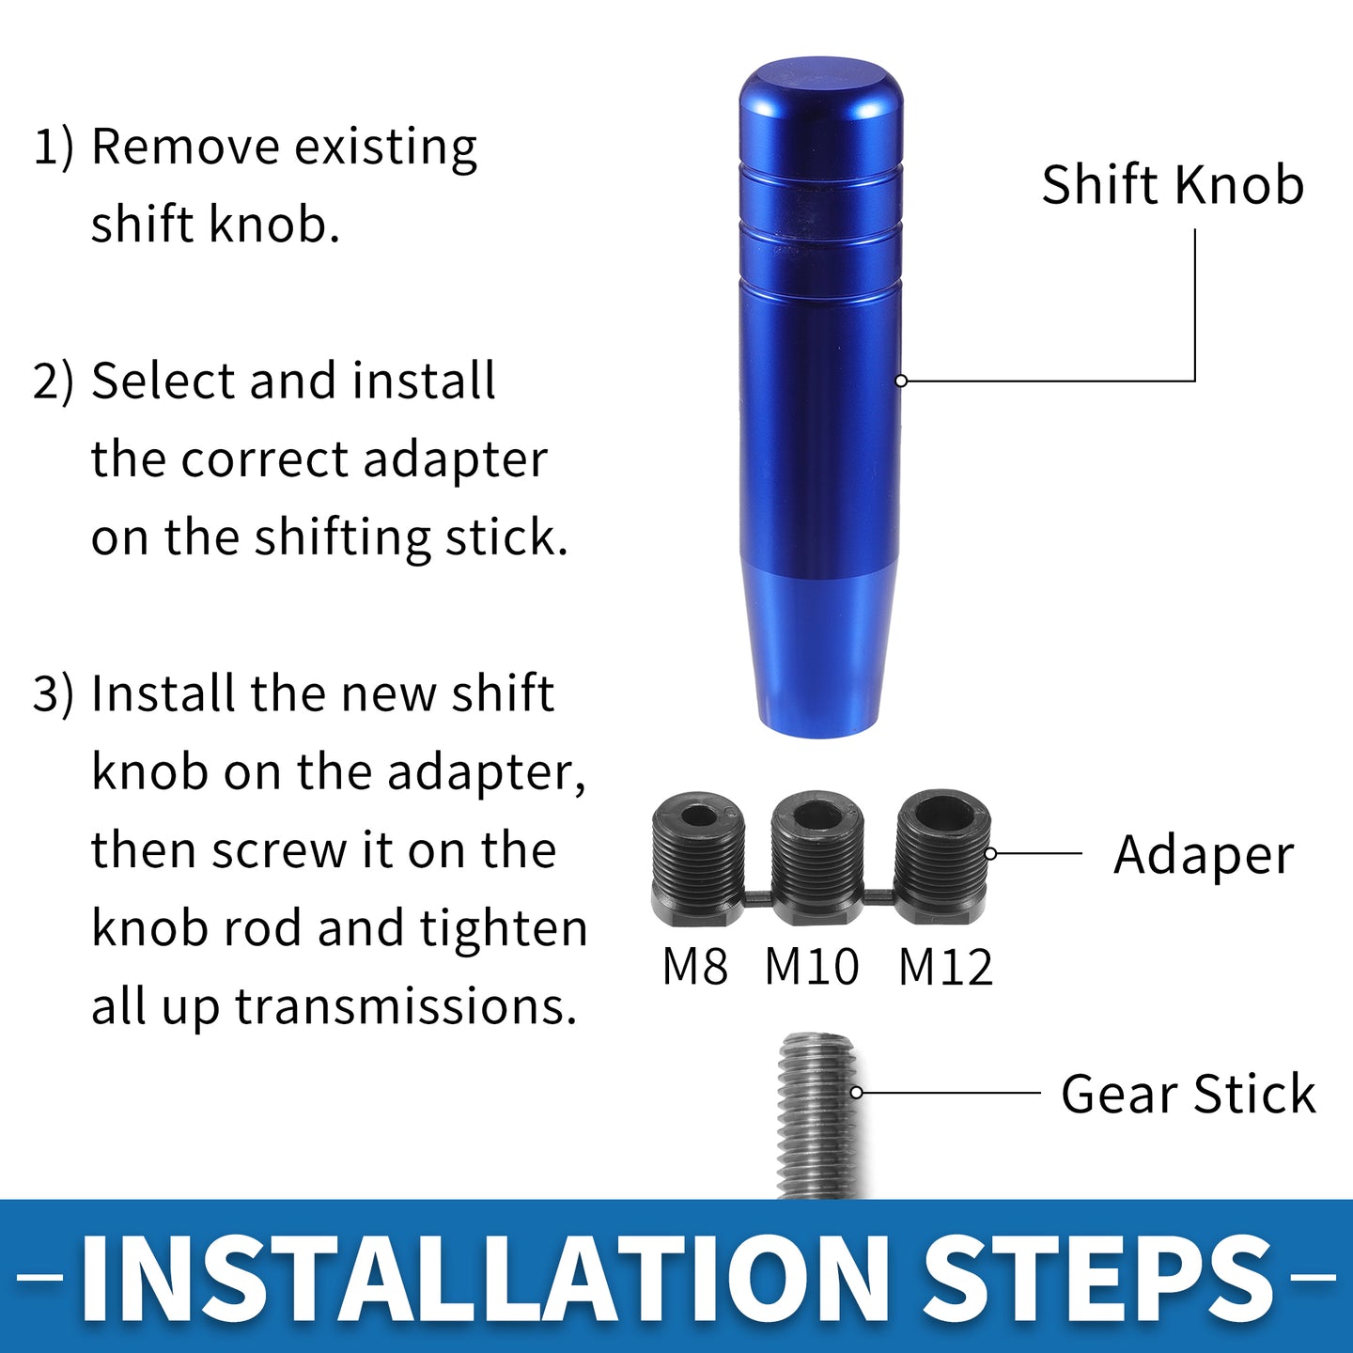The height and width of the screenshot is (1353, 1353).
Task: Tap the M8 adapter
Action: click(x=697, y=859)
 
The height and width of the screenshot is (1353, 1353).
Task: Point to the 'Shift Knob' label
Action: click(x=1173, y=185)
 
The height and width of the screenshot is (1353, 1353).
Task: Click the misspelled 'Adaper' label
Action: click(x=1204, y=856)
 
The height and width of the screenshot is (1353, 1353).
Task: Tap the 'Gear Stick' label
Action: click(x=1188, y=1094)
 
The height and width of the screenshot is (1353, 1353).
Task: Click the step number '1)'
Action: click(x=54, y=147)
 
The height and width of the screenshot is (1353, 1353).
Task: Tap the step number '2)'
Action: click(x=54, y=382)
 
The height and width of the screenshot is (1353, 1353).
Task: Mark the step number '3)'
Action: click(x=54, y=693)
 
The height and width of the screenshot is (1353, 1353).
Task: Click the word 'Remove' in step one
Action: click(x=185, y=147)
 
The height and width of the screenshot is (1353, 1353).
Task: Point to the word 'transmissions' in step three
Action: click(x=405, y=1006)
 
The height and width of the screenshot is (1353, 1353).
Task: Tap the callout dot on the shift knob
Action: click(x=902, y=381)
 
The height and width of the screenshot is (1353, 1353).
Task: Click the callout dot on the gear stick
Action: click(x=857, y=1093)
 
